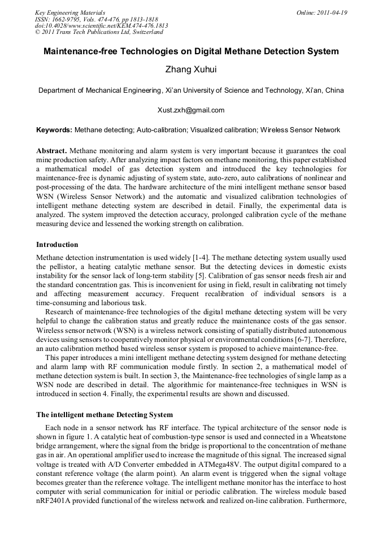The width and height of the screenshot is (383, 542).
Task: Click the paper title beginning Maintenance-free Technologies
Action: click(x=191, y=51)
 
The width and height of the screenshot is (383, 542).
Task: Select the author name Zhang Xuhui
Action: click(x=191, y=71)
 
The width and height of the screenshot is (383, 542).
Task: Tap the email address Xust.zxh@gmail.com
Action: click(x=191, y=110)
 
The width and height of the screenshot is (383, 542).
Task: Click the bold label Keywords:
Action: click(x=54, y=130)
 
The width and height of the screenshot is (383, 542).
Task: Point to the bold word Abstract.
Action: click(x=51, y=151)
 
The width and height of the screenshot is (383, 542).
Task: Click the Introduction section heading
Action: click(x=57, y=245)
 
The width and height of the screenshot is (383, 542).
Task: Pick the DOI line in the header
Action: click(x=101, y=26)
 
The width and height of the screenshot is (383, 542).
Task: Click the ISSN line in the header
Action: click(x=97, y=19)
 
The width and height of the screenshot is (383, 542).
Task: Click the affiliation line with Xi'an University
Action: click(x=191, y=90)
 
